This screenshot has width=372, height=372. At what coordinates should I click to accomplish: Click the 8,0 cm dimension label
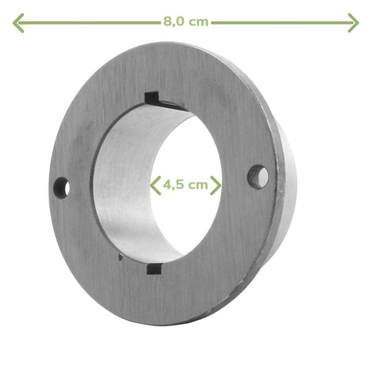click(186, 22)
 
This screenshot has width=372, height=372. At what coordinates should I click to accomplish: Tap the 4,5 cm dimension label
click(186, 184)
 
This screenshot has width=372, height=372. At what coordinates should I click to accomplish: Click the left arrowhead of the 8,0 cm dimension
click(18, 23)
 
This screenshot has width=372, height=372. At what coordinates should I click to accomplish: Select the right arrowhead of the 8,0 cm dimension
click(353, 23)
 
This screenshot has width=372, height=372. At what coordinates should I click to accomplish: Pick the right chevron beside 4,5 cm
click(216, 185)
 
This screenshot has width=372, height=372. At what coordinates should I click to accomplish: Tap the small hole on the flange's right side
click(258, 177)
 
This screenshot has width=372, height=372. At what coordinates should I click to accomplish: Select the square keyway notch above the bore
click(153, 99)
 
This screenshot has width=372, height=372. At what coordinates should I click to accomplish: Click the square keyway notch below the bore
click(154, 269)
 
